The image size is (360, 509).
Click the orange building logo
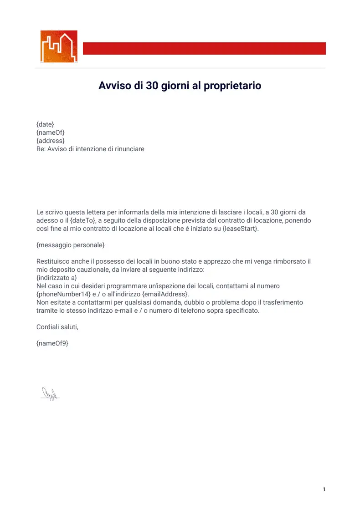point(59,46)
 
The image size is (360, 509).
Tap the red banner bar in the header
point(204,48)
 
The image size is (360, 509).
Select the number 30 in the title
point(152,86)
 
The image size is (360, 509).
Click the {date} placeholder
point(45,124)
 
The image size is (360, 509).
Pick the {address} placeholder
point(51,141)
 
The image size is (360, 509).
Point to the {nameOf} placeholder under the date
point(51,132)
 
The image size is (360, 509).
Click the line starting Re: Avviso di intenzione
point(90,149)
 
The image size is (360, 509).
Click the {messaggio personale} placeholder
point(71,245)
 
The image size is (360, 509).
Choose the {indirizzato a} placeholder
point(57,278)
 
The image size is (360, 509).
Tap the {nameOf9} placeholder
point(52,343)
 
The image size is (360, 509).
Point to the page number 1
point(324,490)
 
